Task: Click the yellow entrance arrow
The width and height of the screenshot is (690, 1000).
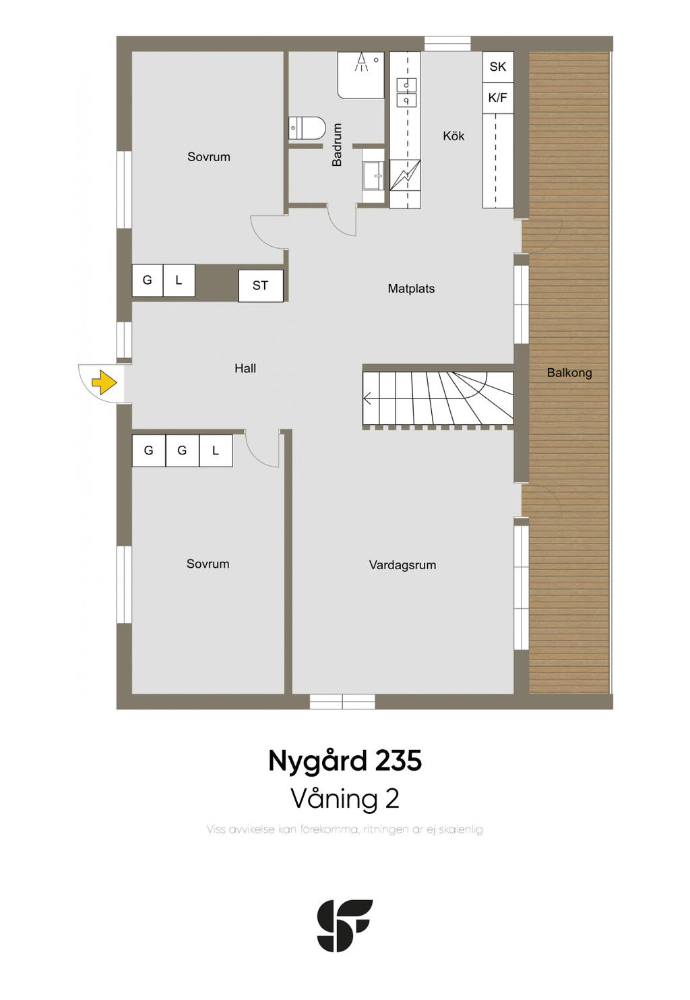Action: pos(104,382)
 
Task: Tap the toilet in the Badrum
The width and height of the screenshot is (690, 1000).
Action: pos(307,127)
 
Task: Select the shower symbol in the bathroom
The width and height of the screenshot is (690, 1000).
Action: pos(360,63)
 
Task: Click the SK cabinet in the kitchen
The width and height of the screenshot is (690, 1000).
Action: pos(497,67)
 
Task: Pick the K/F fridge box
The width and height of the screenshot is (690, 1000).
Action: pos(497,97)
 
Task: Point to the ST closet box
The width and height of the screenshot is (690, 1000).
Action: pos(261,285)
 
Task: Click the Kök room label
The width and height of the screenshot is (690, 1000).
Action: pos(453,136)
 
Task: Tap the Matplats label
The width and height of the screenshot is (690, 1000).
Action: pos(411,289)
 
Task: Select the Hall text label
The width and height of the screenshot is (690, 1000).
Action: pos(245,368)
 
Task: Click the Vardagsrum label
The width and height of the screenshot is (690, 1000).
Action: pos(402,565)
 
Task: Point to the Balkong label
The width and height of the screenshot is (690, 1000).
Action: pos(569,373)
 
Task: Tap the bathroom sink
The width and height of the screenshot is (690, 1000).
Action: pos(373,175)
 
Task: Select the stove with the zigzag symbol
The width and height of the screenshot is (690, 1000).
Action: pos(405,175)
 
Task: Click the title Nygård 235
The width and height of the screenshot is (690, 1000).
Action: pos(345,761)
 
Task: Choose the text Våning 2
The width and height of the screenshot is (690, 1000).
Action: pos(345,798)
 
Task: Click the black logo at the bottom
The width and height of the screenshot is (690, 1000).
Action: pos(344,925)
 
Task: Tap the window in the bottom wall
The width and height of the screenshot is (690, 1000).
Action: pos(342,701)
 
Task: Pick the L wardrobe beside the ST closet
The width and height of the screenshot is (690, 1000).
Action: pos(179,281)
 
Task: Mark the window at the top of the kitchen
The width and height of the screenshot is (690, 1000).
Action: pos(447,44)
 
